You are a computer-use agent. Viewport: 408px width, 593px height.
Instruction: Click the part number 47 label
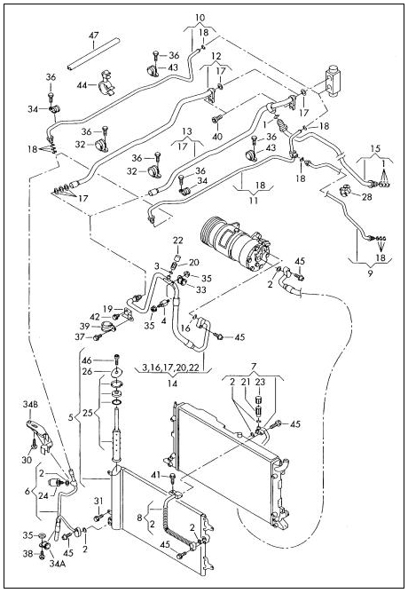tap(94, 36)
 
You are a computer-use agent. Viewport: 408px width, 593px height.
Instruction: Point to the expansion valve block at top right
tap(333, 81)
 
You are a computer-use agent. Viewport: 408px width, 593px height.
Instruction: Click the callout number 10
tap(200, 18)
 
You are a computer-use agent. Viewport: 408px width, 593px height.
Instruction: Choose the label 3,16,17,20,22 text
tap(171, 368)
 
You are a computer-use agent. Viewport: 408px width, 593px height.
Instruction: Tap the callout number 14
tap(172, 383)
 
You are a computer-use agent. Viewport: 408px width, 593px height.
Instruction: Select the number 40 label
tap(217, 136)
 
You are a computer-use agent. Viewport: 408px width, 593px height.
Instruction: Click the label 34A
tap(57, 563)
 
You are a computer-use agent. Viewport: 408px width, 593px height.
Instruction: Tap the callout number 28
tap(367, 197)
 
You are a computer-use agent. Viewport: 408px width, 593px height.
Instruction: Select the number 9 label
tap(370, 273)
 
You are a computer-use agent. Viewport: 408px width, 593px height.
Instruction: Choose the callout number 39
tap(84, 327)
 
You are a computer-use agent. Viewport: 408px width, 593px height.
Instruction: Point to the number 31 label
tap(98, 501)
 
